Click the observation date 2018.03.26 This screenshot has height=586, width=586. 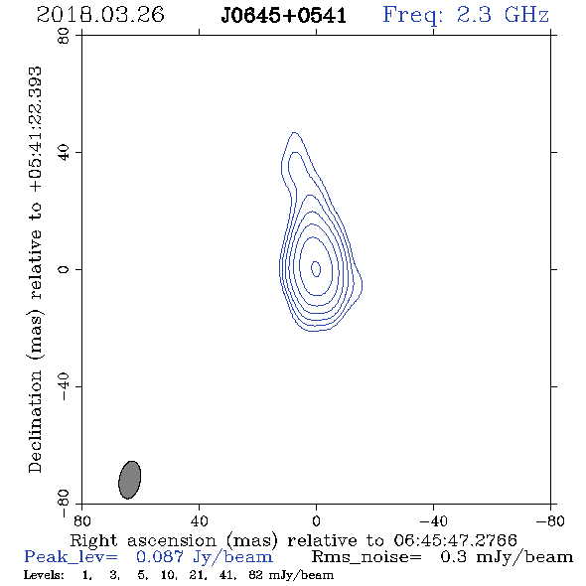[x=100, y=15]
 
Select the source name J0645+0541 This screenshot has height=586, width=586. [x=283, y=16]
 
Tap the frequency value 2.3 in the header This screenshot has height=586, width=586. [x=474, y=15]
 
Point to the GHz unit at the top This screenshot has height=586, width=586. [x=526, y=15]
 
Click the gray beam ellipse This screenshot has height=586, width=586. [x=130, y=480]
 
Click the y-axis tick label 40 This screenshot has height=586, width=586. [x=64, y=153]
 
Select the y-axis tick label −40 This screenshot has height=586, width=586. [x=64, y=386]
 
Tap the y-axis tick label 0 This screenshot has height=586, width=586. [x=64, y=269]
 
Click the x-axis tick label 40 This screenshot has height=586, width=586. [x=199, y=520]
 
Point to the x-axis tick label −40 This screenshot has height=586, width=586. [x=433, y=520]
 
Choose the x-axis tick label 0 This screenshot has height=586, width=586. [x=316, y=520]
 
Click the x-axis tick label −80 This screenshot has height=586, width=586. [x=550, y=520]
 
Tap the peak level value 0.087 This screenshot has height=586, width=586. [x=160, y=557]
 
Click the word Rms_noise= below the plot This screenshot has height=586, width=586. [x=366, y=557]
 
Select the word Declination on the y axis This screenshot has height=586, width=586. [x=35, y=421]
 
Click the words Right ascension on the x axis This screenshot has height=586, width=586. [x=143, y=540]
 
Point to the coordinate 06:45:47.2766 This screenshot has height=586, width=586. [x=455, y=540]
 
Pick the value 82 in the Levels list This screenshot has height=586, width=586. [x=255, y=574]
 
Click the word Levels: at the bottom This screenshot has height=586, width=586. [x=44, y=574]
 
